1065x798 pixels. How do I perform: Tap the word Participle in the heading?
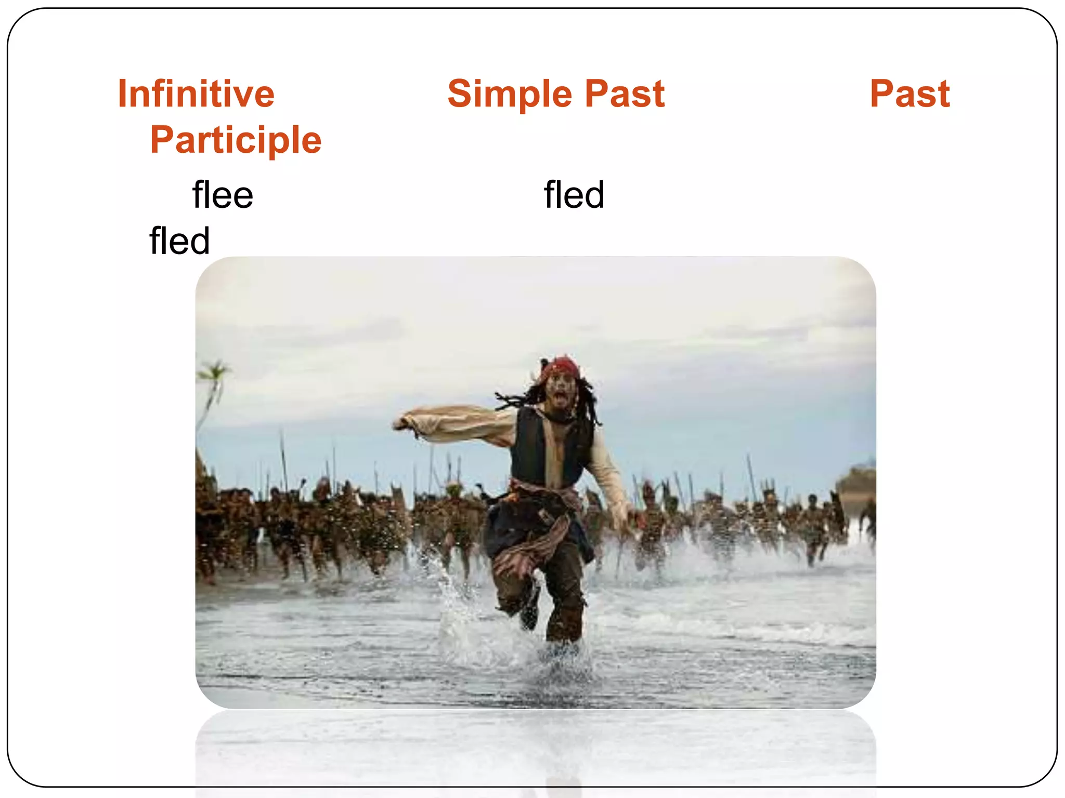(236, 140)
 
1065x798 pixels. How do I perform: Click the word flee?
(223, 195)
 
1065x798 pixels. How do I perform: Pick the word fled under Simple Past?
(574, 195)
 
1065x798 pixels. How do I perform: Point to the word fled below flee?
(179, 241)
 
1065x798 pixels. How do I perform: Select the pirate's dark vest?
(530, 447)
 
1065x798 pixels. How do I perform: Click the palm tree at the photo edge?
(213, 384)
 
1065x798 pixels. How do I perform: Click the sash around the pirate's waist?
(546, 494)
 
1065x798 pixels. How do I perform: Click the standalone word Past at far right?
(910, 95)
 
